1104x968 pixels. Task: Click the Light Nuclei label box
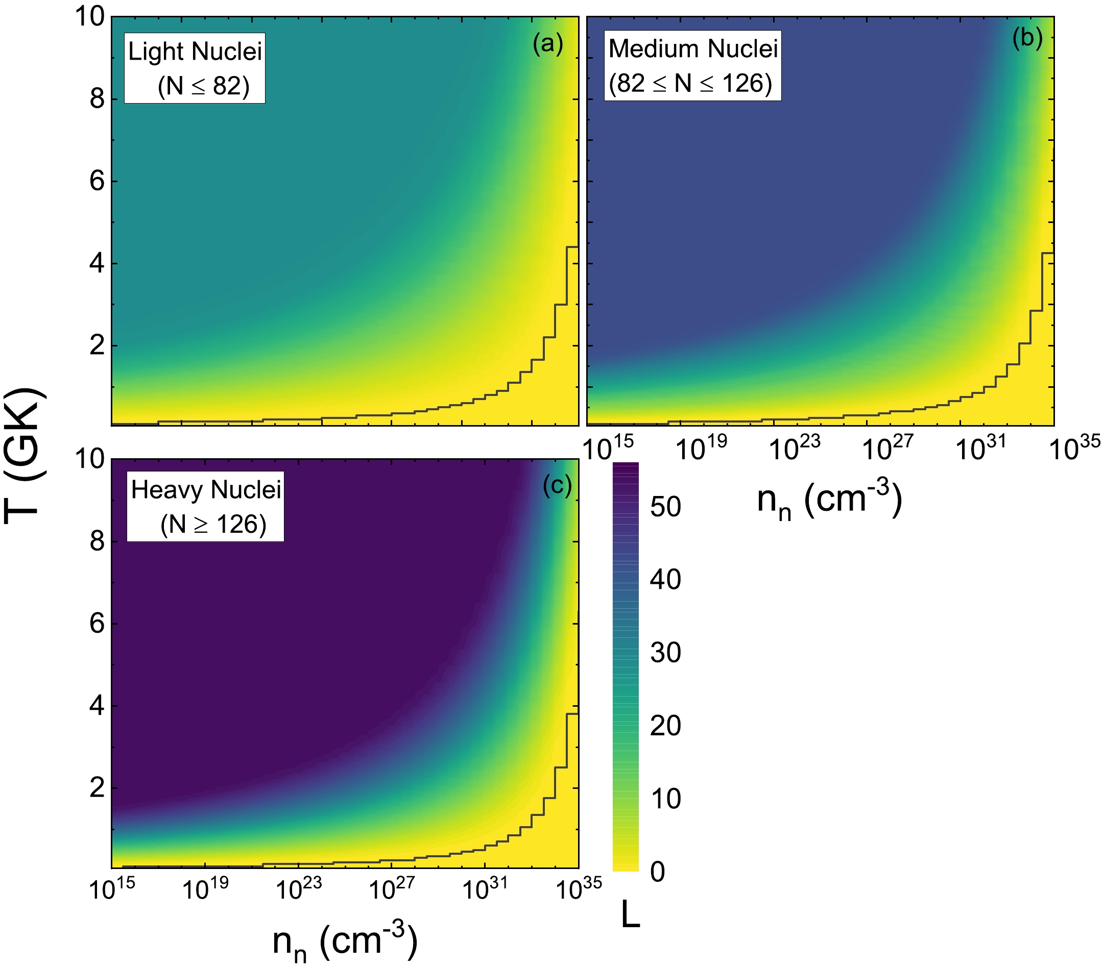click(x=195, y=68)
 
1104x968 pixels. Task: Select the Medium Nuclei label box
click(x=692, y=66)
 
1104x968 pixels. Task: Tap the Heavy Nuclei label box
click(x=205, y=506)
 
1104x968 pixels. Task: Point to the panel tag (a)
click(x=548, y=44)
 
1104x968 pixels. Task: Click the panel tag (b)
click(x=1027, y=38)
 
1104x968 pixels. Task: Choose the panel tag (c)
click(x=557, y=486)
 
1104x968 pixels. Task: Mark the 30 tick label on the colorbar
click(x=665, y=653)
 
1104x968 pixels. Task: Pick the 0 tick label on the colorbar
click(x=657, y=872)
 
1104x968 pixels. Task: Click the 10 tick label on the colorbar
click(x=665, y=799)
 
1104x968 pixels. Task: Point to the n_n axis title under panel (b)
click(x=830, y=501)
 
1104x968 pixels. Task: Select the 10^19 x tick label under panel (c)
click(x=205, y=888)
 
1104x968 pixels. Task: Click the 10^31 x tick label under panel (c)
click(x=485, y=888)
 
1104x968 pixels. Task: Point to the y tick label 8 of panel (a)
click(x=97, y=100)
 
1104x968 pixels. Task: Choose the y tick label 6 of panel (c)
click(x=97, y=624)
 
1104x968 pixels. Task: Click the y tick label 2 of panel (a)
click(x=97, y=345)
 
